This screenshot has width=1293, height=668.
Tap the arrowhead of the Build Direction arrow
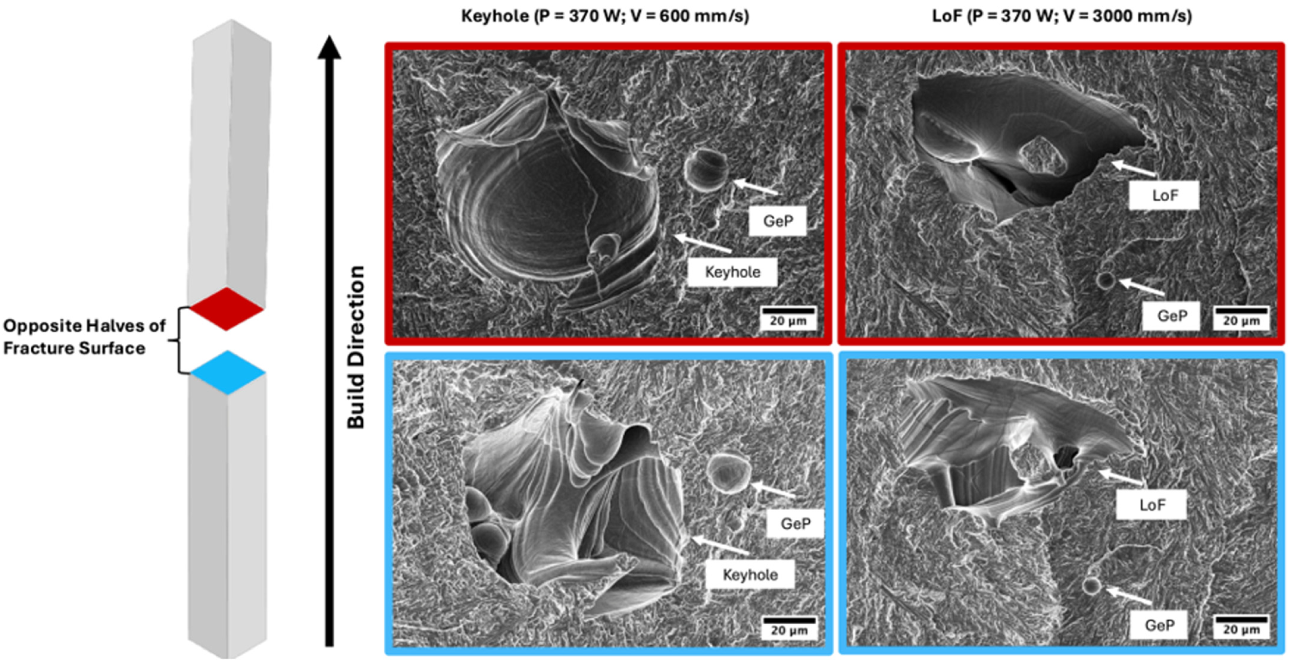(x=329, y=48)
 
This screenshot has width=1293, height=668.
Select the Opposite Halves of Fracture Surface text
(x=84, y=337)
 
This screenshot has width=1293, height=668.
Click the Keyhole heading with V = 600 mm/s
(x=605, y=16)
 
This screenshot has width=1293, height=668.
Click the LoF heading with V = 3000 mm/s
(x=1061, y=16)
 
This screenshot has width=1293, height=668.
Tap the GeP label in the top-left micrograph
(x=777, y=221)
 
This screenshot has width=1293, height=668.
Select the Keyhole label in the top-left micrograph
(x=732, y=272)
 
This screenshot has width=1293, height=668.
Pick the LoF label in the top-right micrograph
(x=1164, y=195)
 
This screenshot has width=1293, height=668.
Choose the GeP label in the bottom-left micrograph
(x=795, y=524)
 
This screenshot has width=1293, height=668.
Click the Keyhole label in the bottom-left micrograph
(x=750, y=575)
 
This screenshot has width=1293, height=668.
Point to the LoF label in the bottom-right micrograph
(x=1151, y=504)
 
